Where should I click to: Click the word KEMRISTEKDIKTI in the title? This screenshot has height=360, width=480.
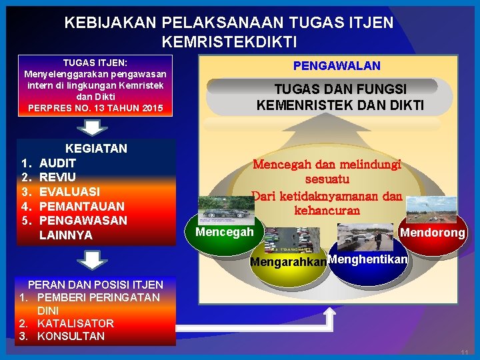(x=229, y=41)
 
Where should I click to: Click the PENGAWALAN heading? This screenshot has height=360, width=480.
(x=337, y=65)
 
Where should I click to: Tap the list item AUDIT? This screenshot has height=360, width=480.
(x=58, y=163)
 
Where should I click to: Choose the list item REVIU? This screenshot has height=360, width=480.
(x=57, y=177)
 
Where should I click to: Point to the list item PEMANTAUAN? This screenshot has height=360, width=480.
(x=82, y=207)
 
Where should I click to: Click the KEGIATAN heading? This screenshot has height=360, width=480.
(x=96, y=148)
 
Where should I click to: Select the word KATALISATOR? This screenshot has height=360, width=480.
(x=75, y=323)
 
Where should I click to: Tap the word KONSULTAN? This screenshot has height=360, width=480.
(x=71, y=336)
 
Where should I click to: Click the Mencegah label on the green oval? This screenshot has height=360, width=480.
(x=225, y=232)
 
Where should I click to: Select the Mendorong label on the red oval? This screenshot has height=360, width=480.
(x=433, y=233)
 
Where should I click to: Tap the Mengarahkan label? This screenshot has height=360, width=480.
(x=288, y=262)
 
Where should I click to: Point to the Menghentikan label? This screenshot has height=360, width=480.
(x=367, y=259)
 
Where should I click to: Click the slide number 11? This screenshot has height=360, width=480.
(x=464, y=351)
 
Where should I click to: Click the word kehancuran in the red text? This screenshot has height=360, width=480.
(x=327, y=210)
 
